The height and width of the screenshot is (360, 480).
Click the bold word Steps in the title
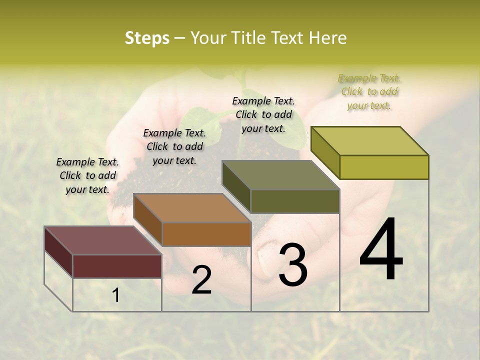pos(147,38)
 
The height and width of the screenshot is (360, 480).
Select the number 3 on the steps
pos(293,265)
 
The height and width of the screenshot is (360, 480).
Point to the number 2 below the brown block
pos(201,280)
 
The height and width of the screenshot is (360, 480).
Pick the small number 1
pos(115,295)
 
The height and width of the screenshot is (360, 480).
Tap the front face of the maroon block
pos(117,266)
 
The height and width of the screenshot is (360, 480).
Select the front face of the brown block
pos(206,234)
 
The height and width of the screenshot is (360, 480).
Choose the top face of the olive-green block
pos(280,175)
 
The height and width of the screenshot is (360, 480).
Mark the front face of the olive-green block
pos(295,201)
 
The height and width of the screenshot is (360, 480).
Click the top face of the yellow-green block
pos(369,141)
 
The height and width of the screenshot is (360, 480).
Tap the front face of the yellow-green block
pos(384,167)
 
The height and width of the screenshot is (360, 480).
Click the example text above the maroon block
pos(87,175)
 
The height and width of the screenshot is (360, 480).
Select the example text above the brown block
pos(174,146)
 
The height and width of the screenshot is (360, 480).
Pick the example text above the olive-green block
pos(263,114)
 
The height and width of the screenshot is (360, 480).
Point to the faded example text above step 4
pos(369,91)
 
